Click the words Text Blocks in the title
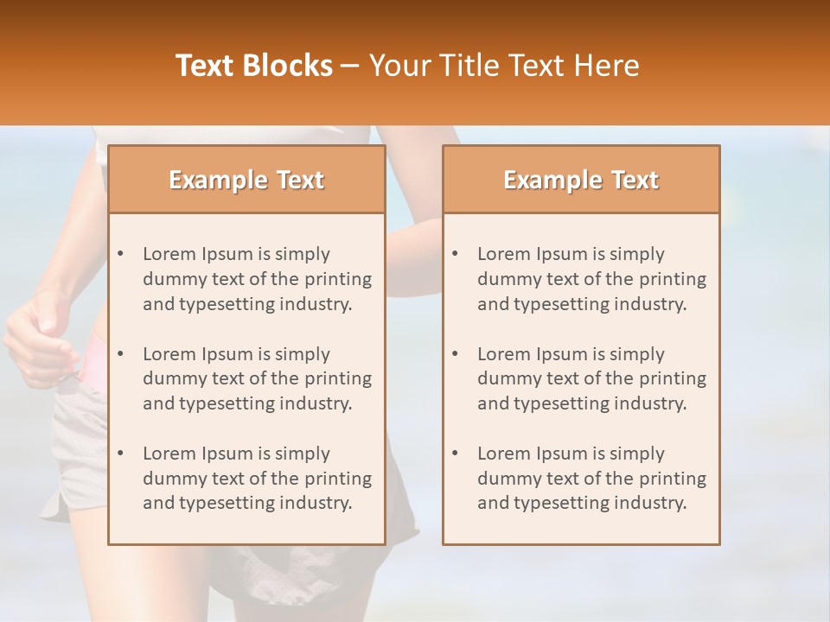pyautogui.click(x=254, y=66)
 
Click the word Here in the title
pyautogui.click(x=609, y=66)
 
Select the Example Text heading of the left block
pyautogui.click(x=246, y=180)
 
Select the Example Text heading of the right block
pyautogui.click(x=581, y=180)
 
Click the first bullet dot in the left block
pyautogui.click(x=121, y=254)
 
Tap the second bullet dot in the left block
pyautogui.click(x=121, y=354)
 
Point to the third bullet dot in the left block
pyautogui.click(x=121, y=454)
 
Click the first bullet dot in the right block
pyautogui.click(x=456, y=254)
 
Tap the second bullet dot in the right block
pyautogui.click(x=456, y=354)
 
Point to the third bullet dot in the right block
pyautogui.click(x=456, y=454)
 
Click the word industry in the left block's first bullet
pyautogui.click(x=316, y=304)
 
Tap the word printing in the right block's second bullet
pyautogui.click(x=673, y=378)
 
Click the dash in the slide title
pyautogui.click(x=350, y=66)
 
